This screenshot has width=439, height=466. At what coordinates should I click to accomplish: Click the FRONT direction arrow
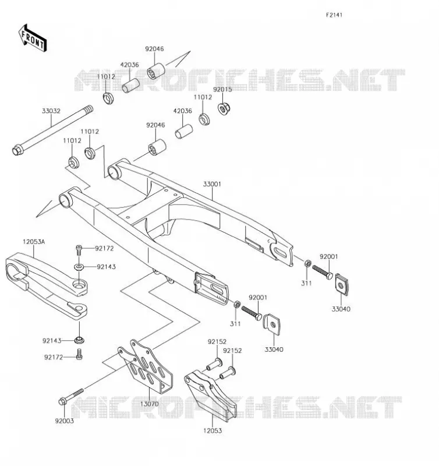click(x=33, y=38)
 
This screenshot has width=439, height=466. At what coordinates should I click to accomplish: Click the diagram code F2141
click(x=334, y=15)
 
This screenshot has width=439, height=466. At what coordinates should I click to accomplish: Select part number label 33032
click(x=51, y=111)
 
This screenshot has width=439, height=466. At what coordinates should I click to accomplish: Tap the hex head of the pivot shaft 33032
click(x=17, y=150)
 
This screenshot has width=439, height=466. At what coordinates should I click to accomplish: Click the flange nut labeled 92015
click(x=224, y=108)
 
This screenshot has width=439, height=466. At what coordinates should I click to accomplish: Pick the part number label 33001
click(x=212, y=184)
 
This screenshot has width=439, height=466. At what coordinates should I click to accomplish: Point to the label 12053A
click(x=34, y=242)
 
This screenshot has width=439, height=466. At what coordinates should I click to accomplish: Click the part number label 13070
click(x=150, y=404)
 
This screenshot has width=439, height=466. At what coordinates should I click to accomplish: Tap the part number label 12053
click(x=213, y=430)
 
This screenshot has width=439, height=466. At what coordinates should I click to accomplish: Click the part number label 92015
click(x=222, y=90)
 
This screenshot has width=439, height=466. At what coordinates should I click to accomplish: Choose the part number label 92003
click(x=65, y=421)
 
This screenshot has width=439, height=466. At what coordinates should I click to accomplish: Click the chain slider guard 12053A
click(x=46, y=286)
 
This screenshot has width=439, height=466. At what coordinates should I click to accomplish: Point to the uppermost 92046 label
click(x=154, y=49)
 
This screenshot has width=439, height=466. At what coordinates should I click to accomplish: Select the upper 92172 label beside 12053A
click(x=105, y=249)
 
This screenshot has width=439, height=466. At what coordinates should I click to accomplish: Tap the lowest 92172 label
click(x=54, y=357)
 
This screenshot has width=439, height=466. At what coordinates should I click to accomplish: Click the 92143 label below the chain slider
click(x=52, y=341)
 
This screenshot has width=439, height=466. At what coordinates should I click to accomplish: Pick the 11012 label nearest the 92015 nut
click(x=203, y=97)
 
